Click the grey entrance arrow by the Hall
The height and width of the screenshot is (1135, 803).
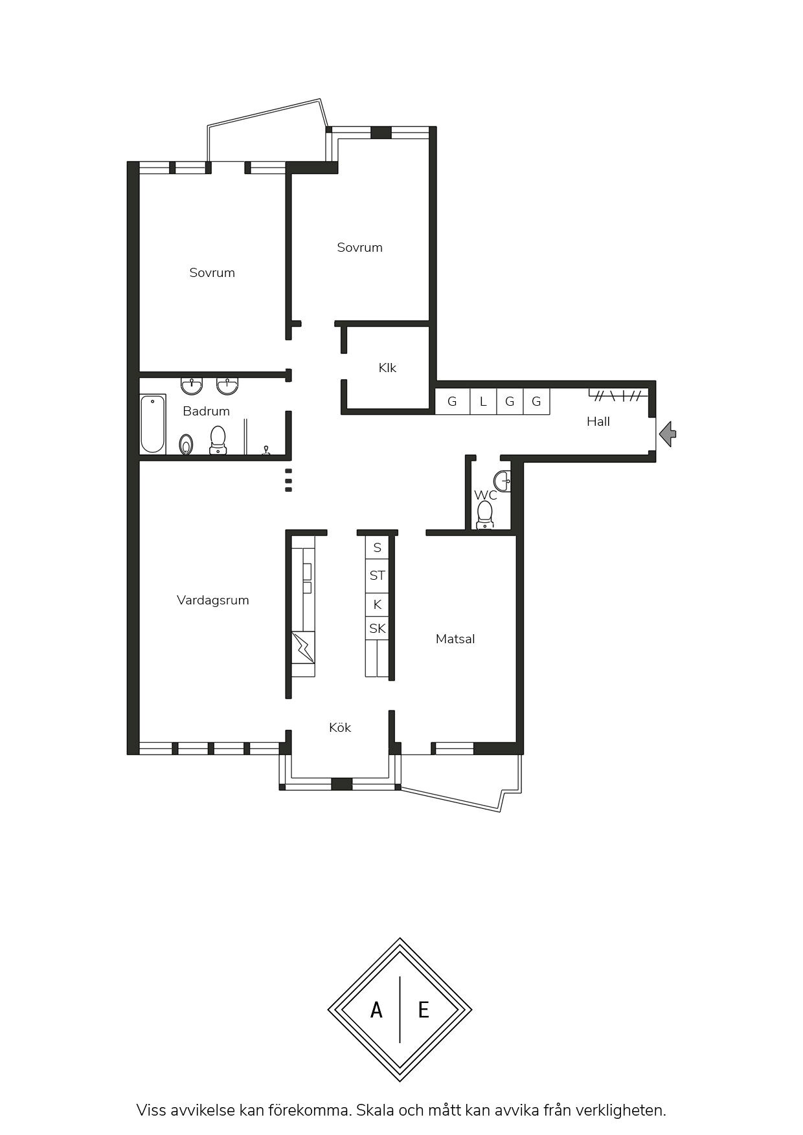(668, 434)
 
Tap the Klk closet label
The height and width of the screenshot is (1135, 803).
(387, 368)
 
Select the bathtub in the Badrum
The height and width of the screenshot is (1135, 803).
(153, 424)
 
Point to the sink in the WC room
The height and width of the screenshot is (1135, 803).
(502, 481)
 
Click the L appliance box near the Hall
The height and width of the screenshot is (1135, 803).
(482, 401)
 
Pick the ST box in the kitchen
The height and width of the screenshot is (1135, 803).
(377, 575)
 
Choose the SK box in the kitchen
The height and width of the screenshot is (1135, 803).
(377, 628)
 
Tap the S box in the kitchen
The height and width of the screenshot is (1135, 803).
(377, 547)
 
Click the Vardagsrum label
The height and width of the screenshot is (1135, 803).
(213, 600)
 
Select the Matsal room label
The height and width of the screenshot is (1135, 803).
(455, 639)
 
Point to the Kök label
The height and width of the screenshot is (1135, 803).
(340, 727)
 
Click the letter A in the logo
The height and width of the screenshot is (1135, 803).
(376, 1009)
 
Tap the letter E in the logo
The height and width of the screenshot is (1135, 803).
(424, 1009)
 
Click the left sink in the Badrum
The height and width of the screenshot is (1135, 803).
(192, 386)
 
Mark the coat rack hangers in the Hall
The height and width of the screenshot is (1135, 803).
(618, 395)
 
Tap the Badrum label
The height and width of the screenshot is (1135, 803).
(206, 411)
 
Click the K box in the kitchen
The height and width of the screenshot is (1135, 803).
(377, 604)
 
